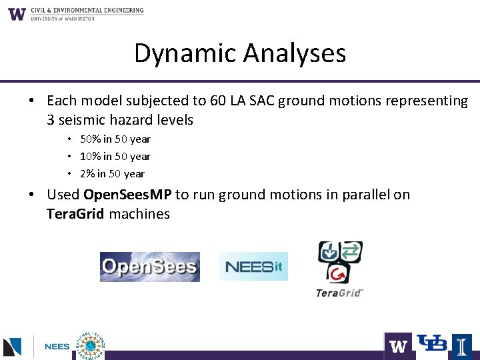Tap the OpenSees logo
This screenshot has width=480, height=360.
[149, 267]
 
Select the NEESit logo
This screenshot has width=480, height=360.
[253, 267]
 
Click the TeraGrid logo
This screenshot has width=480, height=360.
[340, 269]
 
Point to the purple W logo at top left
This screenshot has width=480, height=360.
[17, 14]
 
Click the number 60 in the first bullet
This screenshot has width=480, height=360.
[217, 101]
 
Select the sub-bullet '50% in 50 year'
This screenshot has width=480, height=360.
[115, 139]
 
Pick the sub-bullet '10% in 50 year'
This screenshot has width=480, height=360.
[115, 157]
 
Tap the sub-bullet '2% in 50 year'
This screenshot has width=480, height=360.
[112, 174]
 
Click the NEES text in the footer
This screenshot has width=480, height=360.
[57, 347]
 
